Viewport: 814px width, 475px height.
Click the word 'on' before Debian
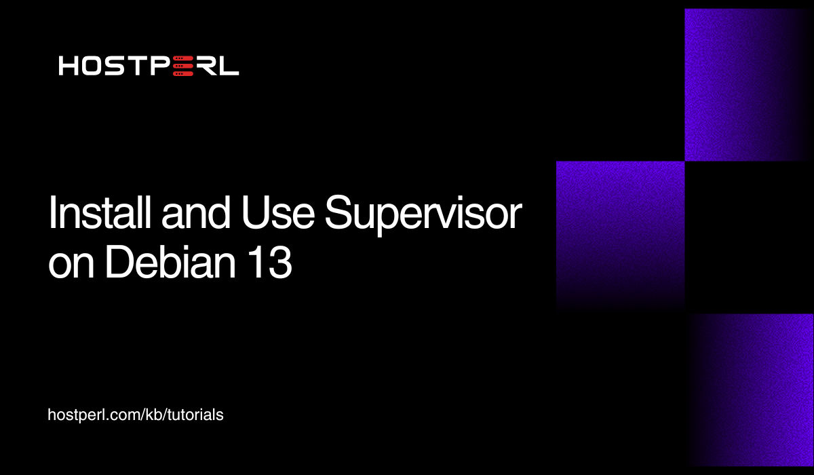(x=71, y=265)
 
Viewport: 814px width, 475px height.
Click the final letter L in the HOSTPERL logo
(x=229, y=66)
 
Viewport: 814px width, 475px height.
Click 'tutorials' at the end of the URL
(x=197, y=415)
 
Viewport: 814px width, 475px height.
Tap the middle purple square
(x=620, y=231)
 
